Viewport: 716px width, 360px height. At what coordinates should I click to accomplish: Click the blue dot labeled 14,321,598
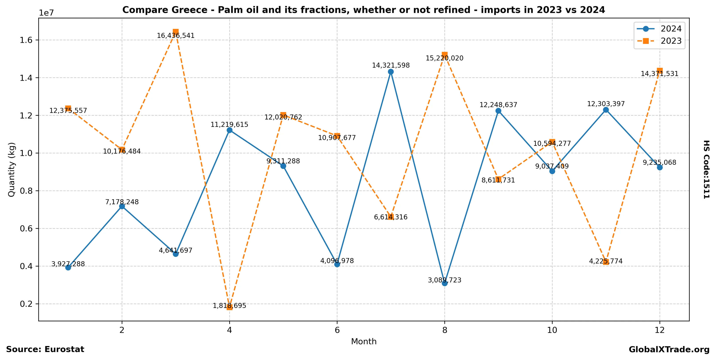tap(391, 72)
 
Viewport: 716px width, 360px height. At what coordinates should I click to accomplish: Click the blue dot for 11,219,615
tap(229, 130)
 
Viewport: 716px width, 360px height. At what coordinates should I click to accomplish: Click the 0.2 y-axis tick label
tap(26, 304)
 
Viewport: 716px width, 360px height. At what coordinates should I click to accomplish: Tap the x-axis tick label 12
tap(660, 330)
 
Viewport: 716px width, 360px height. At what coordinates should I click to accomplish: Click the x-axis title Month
tap(364, 341)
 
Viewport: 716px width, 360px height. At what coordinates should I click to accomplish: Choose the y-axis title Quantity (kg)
tap(11, 169)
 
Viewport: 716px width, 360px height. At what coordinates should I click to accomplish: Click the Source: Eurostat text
tap(45, 349)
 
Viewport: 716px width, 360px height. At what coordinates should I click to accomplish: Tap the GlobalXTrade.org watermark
tap(669, 349)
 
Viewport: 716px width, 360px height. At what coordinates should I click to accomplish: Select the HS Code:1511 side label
tap(706, 169)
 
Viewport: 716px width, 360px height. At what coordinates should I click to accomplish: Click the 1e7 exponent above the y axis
tap(46, 13)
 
